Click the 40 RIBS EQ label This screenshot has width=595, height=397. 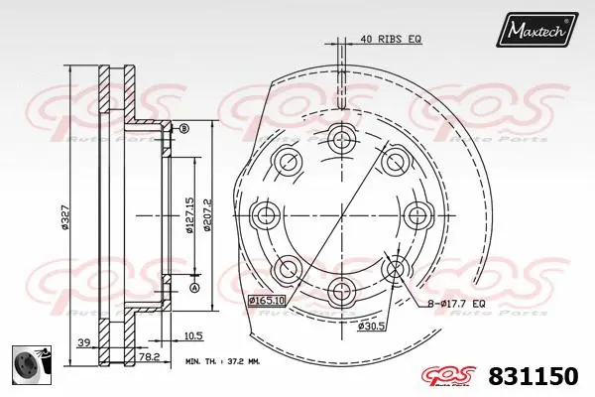tap(392, 39)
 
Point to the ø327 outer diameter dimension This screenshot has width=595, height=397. tap(65, 214)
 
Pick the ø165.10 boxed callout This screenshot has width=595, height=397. tap(267, 299)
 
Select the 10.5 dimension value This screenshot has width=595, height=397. tap(193, 335)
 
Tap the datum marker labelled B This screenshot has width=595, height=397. tap(182, 128)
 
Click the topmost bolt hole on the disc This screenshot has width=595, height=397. tap(343, 137)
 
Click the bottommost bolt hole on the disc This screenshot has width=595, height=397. tap(343, 291)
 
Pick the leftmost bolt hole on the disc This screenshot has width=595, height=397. tap(266, 213)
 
